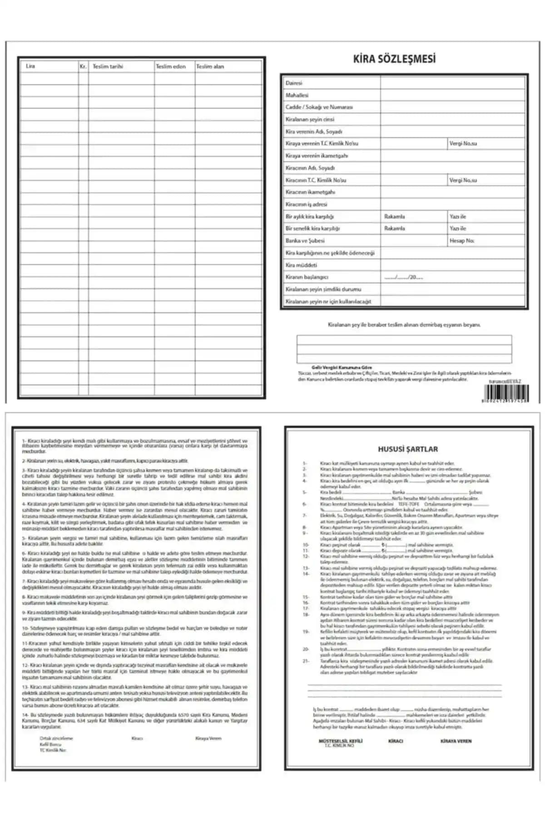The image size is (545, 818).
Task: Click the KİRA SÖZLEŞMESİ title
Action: (394, 59)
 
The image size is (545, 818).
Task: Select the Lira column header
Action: (30, 66)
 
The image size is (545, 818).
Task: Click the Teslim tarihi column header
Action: (108, 66)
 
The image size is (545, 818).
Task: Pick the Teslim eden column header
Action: (171, 66)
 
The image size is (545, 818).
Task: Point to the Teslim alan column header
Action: (210, 66)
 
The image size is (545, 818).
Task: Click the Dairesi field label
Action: (294, 83)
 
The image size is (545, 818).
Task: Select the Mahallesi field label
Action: (297, 95)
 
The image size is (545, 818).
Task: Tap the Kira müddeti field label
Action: (301, 265)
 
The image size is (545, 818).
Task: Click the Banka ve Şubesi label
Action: (305, 241)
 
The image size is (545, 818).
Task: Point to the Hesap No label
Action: (461, 241)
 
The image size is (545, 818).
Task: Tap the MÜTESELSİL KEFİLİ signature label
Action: (341, 741)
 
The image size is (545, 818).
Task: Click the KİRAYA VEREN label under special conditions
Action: (456, 741)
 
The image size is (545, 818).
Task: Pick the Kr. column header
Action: (83, 66)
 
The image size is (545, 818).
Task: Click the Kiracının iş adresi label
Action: (306, 204)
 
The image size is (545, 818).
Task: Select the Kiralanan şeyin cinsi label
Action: (310, 120)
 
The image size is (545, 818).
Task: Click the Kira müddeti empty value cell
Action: (452, 265)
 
